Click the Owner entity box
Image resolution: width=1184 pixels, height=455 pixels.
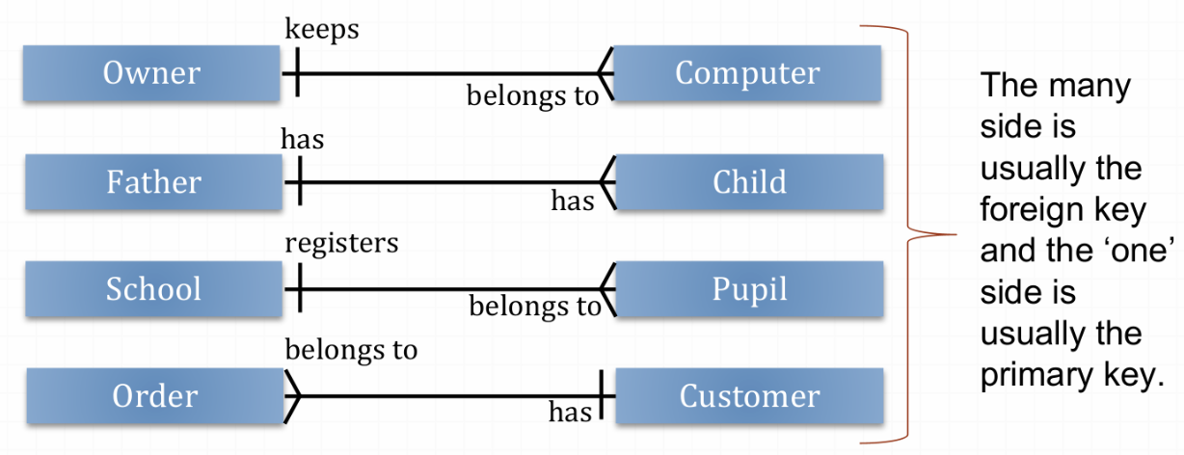tap(152, 73)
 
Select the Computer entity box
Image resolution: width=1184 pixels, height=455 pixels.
tap(747, 73)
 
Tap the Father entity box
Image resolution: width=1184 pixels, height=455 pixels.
tap(152, 181)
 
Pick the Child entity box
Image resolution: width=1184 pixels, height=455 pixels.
tap(749, 181)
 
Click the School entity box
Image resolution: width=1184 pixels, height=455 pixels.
tap(152, 288)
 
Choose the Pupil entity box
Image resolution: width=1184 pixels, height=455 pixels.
tap(749, 288)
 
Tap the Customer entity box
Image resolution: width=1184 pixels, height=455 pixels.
tap(749, 395)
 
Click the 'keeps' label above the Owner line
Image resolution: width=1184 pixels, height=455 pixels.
tap(322, 29)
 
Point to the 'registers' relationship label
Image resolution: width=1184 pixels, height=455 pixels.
tap(341, 242)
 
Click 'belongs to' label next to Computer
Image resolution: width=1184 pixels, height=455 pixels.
tap(532, 95)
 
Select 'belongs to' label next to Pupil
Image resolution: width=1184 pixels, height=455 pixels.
tap(534, 307)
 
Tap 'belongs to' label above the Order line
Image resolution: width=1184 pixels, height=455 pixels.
tap(351, 348)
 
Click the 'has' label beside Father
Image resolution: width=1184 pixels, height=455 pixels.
tap(302, 139)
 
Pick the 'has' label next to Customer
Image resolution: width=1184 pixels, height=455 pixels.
tap(570, 414)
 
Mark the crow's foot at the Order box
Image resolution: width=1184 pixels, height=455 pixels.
tap(292, 395)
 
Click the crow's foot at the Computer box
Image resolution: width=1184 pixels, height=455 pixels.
tap(605, 73)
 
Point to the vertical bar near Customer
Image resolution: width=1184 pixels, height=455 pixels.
tap(603, 395)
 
